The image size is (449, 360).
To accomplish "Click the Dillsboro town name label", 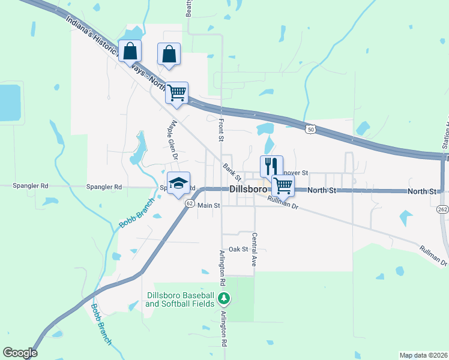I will click(248, 190).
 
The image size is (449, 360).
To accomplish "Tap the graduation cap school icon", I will click(178, 183).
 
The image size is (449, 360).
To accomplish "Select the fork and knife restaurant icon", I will click(271, 165).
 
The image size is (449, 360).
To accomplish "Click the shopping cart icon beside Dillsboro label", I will click(283, 185).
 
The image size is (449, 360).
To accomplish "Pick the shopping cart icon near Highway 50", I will click(177, 93).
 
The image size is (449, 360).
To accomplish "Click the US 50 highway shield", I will click(310, 128).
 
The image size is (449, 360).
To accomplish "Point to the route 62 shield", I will click(189, 203).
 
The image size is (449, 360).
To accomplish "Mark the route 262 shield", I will click(442, 209).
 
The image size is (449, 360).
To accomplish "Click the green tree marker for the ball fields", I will click(224, 298).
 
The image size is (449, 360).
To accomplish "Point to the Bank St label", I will click(232, 172).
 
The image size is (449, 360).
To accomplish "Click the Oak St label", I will click(238, 249).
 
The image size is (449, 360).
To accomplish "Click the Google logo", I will click(20, 353).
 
